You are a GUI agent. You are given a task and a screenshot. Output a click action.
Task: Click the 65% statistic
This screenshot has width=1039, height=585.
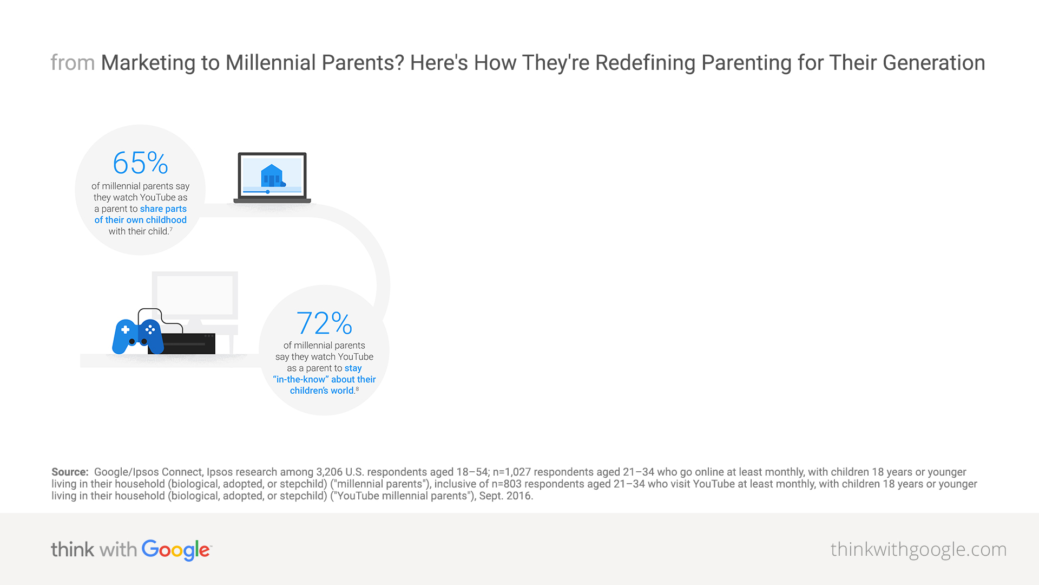click(141, 162)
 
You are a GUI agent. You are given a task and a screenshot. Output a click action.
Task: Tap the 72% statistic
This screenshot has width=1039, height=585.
click(324, 323)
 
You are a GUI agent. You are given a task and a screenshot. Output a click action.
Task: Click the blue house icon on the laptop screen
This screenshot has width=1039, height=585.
click(272, 175)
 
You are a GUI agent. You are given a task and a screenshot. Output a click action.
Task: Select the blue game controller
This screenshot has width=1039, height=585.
click(137, 336)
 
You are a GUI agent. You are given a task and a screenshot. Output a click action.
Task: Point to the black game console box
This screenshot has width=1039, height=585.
click(188, 343)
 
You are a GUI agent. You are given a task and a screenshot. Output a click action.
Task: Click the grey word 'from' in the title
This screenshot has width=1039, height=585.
click(73, 63)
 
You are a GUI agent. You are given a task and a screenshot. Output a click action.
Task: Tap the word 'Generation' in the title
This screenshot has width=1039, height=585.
click(934, 63)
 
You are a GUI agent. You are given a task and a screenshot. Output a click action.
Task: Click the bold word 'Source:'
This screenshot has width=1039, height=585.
click(70, 472)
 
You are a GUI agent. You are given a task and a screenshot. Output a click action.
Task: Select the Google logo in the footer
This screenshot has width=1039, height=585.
click(176, 550)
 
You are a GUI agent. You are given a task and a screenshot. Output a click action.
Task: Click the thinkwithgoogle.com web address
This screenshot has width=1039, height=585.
click(918, 549)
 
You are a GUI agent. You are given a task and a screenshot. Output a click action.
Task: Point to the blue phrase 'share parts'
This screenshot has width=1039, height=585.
click(163, 209)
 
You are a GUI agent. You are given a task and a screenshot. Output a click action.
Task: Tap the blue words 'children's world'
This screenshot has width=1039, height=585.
click(321, 391)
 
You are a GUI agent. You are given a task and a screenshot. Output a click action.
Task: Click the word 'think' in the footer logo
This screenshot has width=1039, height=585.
click(73, 549)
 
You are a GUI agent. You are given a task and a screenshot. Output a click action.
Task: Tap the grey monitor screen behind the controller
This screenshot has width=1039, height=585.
click(195, 295)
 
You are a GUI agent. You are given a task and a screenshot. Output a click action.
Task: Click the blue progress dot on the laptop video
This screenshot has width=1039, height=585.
click(268, 192)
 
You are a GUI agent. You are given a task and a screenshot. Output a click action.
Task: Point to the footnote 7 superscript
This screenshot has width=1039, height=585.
click(171, 229)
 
